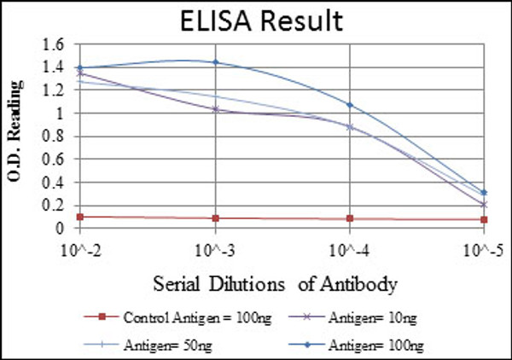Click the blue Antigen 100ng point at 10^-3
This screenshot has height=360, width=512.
[215, 62]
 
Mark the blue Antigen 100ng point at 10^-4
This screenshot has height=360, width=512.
[350, 105]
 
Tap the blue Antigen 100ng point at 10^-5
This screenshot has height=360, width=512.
[485, 193]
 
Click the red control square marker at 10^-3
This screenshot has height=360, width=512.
[215, 218]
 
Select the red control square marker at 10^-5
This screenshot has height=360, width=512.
[485, 220]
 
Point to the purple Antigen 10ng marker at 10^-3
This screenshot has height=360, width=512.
[215, 109]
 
